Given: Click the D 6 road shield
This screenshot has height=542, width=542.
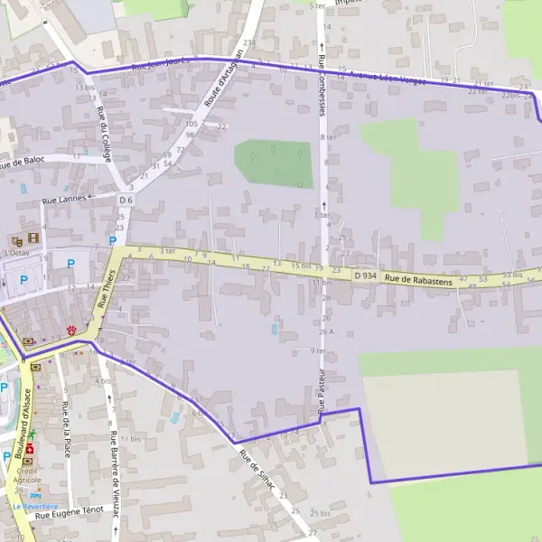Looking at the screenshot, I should (x=126, y=200).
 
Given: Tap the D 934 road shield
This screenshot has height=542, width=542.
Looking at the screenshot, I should (x=365, y=275).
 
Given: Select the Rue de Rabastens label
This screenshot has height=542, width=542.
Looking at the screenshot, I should (x=418, y=280).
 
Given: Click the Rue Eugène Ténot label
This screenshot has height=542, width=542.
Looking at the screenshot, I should (x=77, y=511).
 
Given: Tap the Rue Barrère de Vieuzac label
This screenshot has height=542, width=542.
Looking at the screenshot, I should (x=113, y=470).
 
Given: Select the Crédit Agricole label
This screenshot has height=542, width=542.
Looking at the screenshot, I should (x=30, y=476).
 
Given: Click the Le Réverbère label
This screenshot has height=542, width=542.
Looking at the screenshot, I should (x=35, y=507).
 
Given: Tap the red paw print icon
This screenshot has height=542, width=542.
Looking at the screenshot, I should (x=70, y=328).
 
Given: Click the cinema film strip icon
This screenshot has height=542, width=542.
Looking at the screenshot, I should (x=33, y=238).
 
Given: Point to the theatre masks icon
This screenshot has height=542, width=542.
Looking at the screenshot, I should (x=16, y=240).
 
